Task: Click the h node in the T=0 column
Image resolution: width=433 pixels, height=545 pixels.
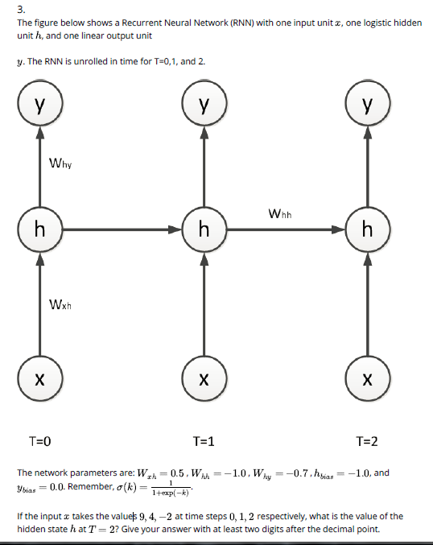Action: [39, 229]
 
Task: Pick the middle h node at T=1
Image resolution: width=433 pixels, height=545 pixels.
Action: [204, 229]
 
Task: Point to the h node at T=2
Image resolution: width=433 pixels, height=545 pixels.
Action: [368, 229]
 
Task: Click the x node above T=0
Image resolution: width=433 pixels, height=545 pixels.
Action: [39, 376]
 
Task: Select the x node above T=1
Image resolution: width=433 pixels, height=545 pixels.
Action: [204, 376]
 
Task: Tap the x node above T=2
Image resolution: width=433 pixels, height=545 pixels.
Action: [368, 376]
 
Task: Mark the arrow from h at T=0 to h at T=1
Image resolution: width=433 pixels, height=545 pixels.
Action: [121, 229]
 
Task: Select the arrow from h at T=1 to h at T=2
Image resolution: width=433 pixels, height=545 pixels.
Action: [286, 229]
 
